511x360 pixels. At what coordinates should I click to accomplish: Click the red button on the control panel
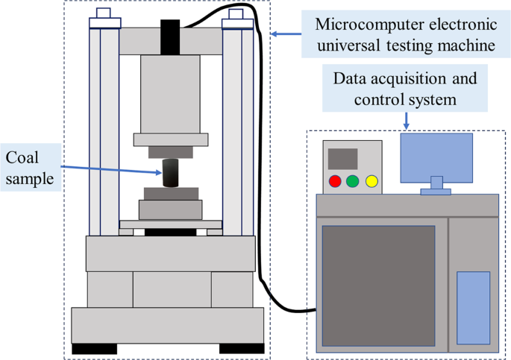[x=336, y=181]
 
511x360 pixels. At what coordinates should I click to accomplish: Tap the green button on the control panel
[x=353, y=181]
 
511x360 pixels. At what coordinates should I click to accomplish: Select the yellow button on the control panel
[x=371, y=181]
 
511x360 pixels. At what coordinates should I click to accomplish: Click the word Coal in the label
[x=22, y=157]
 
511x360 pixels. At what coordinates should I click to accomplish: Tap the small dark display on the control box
[x=342, y=159]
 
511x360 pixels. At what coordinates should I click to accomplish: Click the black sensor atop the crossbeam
[x=171, y=35]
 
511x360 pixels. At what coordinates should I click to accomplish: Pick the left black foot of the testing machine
[x=94, y=348]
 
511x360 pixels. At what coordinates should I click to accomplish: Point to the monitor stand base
[x=436, y=192]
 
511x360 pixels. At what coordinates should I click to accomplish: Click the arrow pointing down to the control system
[x=406, y=120]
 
